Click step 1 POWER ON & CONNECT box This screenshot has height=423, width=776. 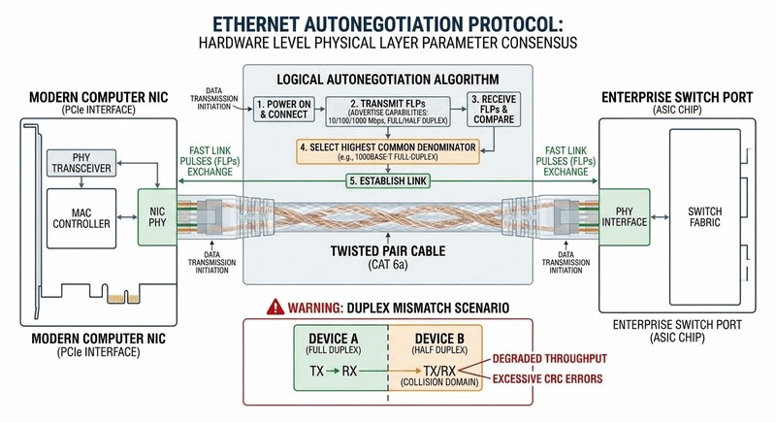(285, 109)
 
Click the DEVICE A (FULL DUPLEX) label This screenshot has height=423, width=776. (339, 341)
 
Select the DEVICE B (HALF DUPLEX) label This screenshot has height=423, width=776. (435, 341)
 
